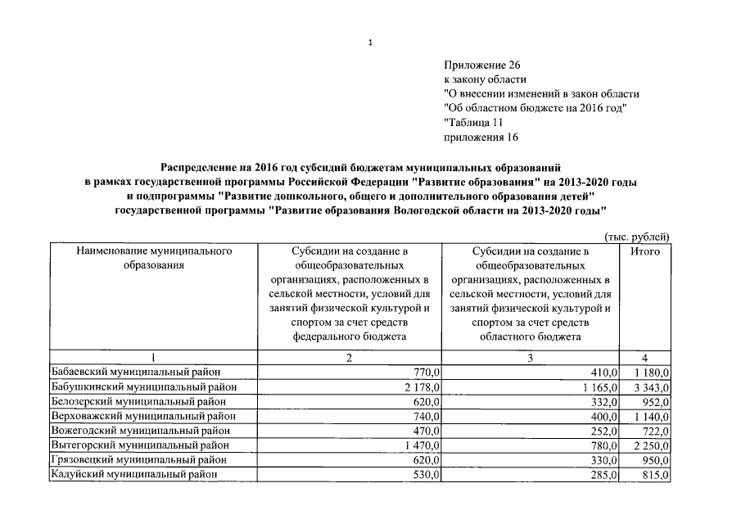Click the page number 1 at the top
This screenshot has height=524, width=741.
coord(371,42)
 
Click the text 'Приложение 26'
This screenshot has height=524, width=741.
coord(481,64)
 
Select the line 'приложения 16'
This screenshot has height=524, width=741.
coord(481,138)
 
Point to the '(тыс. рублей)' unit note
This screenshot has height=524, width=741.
coord(637,237)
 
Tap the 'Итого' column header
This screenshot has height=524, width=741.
coord(645,251)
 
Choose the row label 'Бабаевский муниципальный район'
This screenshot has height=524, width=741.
coord(132,372)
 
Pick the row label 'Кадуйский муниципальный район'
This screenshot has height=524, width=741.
coord(130,475)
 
